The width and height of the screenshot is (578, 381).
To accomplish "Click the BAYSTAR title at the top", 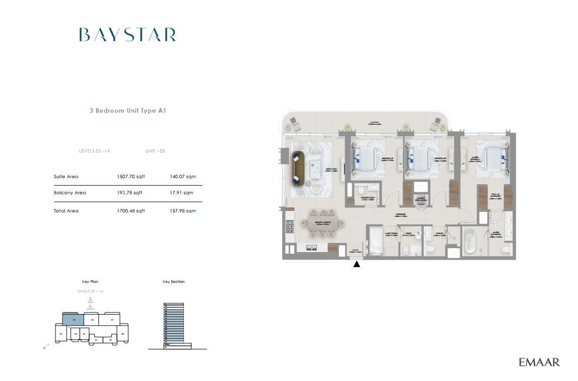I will pyautogui.click(x=127, y=35).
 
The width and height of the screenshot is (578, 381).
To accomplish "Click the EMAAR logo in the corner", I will pyautogui.click(x=539, y=362).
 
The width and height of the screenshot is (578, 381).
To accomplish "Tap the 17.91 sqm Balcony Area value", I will pyautogui.click(x=181, y=193).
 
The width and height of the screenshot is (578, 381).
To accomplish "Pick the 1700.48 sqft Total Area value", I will pyautogui.click(x=131, y=211).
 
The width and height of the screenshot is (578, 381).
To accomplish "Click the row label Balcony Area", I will pyautogui.click(x=70, y=193).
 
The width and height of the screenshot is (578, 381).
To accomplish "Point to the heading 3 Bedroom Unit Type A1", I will pyautogui.click(x=127, y=111).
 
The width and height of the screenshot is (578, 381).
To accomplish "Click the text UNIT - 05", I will pyautogui.click(x=155, y=151).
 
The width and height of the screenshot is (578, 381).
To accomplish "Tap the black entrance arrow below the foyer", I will pyautogui.click(x=357, y=263).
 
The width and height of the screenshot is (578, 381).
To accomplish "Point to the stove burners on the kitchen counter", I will pyautogui.click(x=290, y=226).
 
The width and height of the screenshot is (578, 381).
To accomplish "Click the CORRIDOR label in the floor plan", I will pyautogui.click(x=401, y=214).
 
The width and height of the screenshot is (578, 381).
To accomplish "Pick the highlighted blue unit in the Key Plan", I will pyautogui.click(x=73, y=319).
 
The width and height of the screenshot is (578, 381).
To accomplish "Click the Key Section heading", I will pyautogui.click(x=173, y=282).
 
